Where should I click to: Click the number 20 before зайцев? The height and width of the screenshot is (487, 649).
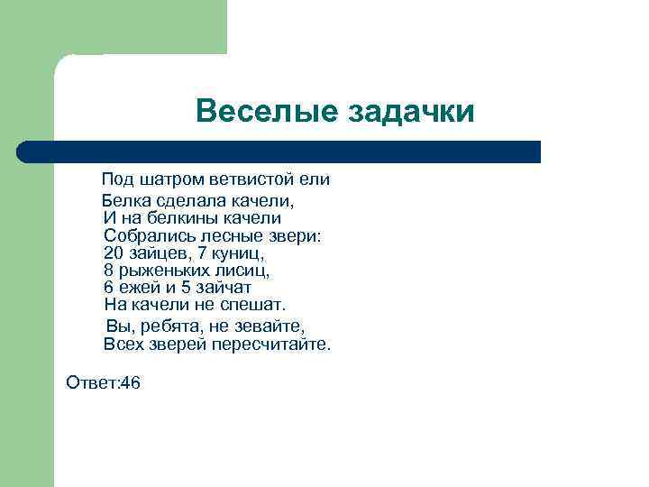click(x=114, y=253)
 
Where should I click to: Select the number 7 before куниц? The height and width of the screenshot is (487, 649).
click(x=202, y=253)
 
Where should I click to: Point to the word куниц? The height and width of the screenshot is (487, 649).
click(x=237, y=253)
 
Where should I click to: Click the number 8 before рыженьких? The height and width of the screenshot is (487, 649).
click(x=109, y=271)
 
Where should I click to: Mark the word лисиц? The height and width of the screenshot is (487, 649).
click(x=245, y=271)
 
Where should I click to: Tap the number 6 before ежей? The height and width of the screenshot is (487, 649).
click(x=109, y=288)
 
